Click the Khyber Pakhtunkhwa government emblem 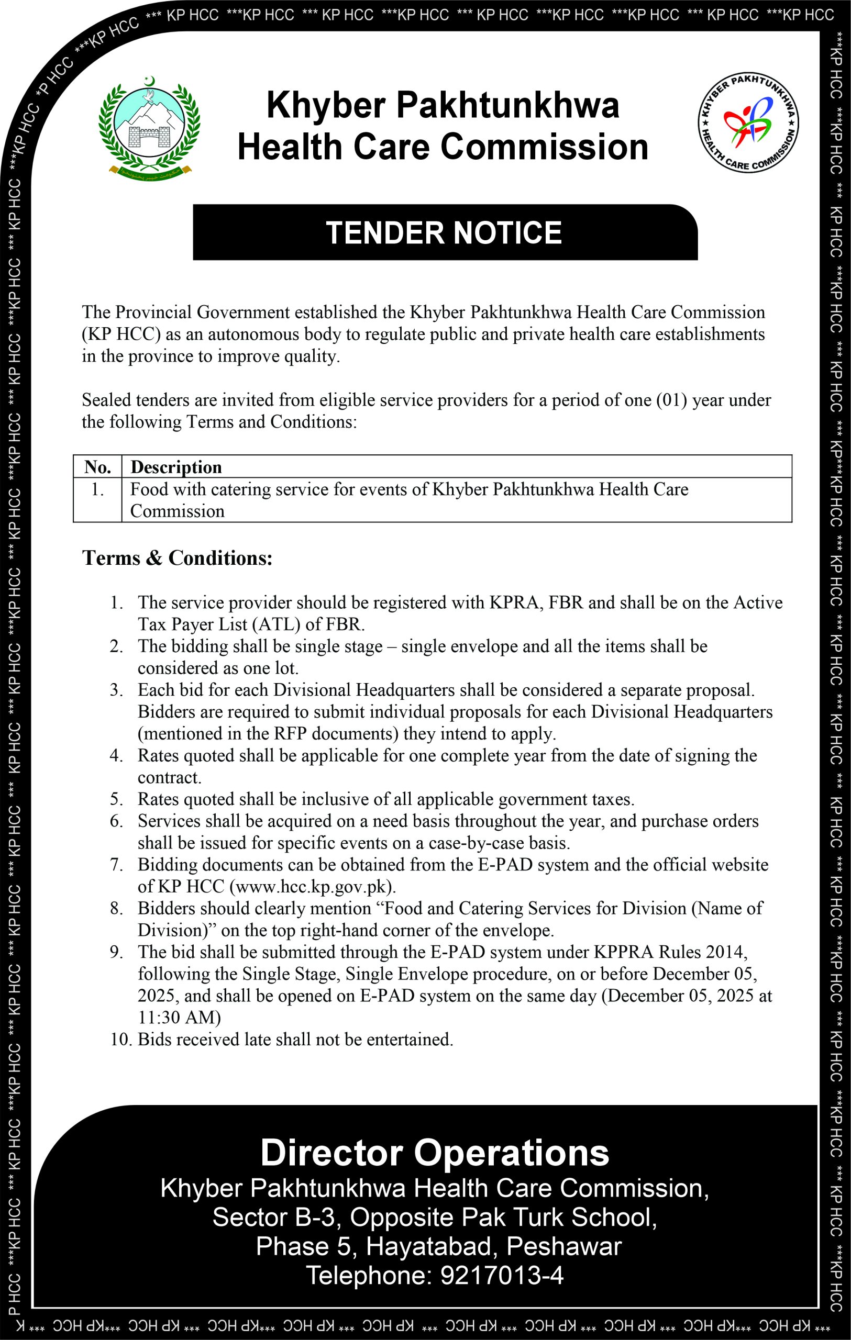point(149,127)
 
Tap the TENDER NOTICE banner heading point(444,232)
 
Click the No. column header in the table point(97,467)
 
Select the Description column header point(176,467)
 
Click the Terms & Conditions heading point(178,557)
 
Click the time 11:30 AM point(179,1017)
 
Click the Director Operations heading point(435,1153)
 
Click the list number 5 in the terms point(116,799)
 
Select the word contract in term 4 point(169,777)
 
